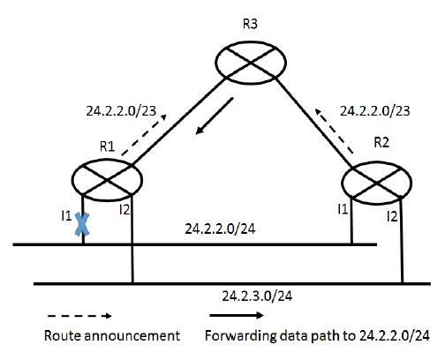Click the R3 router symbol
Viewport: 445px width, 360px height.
click(x=253, y=64)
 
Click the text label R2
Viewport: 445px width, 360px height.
click(x=382, y=140)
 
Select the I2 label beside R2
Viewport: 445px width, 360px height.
click(x=392, y=214)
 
